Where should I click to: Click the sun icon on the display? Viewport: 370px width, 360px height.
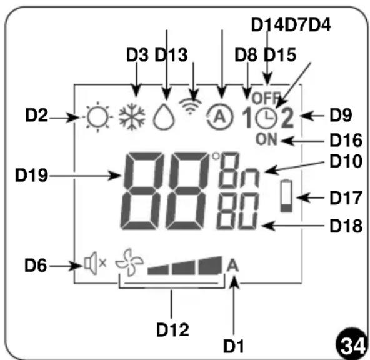pyautogui.click(x=97, y=117)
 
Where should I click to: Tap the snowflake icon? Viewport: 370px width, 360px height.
pyautogui.click(x=132, y=116)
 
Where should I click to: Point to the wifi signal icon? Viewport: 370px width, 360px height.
pyautogui.click(x=190, y=106)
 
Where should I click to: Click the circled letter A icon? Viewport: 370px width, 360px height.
pyautogui.click(x=219, y=116)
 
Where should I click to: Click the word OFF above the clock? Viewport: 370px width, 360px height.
pyautogui.click(x=266, y=98)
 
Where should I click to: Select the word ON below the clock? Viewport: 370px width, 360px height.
pyautogui.click(x=267, y=139)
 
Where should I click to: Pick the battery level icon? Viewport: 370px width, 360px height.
pyautogui.click(x=286, y=196)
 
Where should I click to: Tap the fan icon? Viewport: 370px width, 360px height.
pyautogui.click(x=129, y=262)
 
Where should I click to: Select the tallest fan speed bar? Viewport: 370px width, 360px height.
pyautogui.click(x=210, y=266)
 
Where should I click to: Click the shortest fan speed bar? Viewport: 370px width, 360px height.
pyautogui.click(x=158, y=270)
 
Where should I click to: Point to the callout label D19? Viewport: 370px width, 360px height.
pyautogui.click(x=31, y=175)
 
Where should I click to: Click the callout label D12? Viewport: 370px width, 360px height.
pyautogui.click(x=172, y=329)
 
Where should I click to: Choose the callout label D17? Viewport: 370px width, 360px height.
pyautogui.click(x=346, y=198)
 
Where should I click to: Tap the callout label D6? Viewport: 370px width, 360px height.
pyautogui.click(x=36, y=266)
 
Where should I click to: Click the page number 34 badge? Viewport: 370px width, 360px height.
pyautogui.click(x=352, y=345)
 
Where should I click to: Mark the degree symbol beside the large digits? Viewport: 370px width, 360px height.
pyautogui.click(x=216, y=156)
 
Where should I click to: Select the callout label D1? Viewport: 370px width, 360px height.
pyautogui.click(x=233, y=346)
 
